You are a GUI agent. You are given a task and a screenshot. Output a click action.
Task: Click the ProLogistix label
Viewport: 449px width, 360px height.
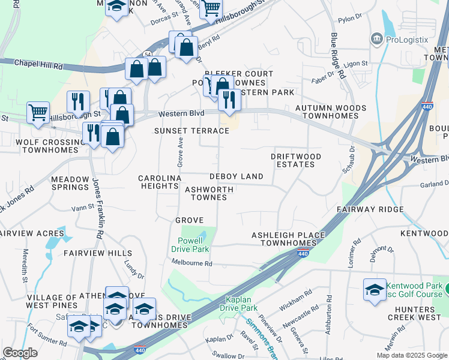[x=407, y=40]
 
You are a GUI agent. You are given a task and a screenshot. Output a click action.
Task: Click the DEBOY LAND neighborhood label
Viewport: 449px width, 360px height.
[x=236, y=176]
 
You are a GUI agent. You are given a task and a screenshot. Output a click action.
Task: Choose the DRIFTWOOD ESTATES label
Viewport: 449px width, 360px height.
[x=296, y=160]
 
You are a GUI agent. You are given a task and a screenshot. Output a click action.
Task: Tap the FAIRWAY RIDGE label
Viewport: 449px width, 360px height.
[x=370, y=209]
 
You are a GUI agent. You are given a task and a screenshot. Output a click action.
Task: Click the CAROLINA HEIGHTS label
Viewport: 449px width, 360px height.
[x=159, y=182]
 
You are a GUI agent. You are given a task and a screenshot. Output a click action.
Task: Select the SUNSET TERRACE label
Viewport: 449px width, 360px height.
[x=191, y=131]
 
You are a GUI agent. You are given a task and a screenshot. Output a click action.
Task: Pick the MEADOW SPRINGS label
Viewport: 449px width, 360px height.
[x=70, y=183]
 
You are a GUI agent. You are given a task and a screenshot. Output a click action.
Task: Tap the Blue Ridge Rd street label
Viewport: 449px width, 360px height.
[x=337, y=57]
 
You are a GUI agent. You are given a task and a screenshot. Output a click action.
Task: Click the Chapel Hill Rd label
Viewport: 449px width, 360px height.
[x=38, y=62]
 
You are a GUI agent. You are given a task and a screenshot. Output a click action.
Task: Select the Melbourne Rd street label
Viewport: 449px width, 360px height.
[x=192, y=263]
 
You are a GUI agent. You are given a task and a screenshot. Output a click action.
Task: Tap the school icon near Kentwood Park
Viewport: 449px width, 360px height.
[x=375, y=290]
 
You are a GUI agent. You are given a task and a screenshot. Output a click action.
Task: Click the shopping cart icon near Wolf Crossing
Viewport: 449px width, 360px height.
[x=38, y=112]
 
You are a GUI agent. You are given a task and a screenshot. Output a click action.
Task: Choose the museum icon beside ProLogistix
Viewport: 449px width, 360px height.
[x=377, y=39]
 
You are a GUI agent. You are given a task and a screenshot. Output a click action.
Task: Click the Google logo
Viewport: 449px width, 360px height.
[x=20, y=353]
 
